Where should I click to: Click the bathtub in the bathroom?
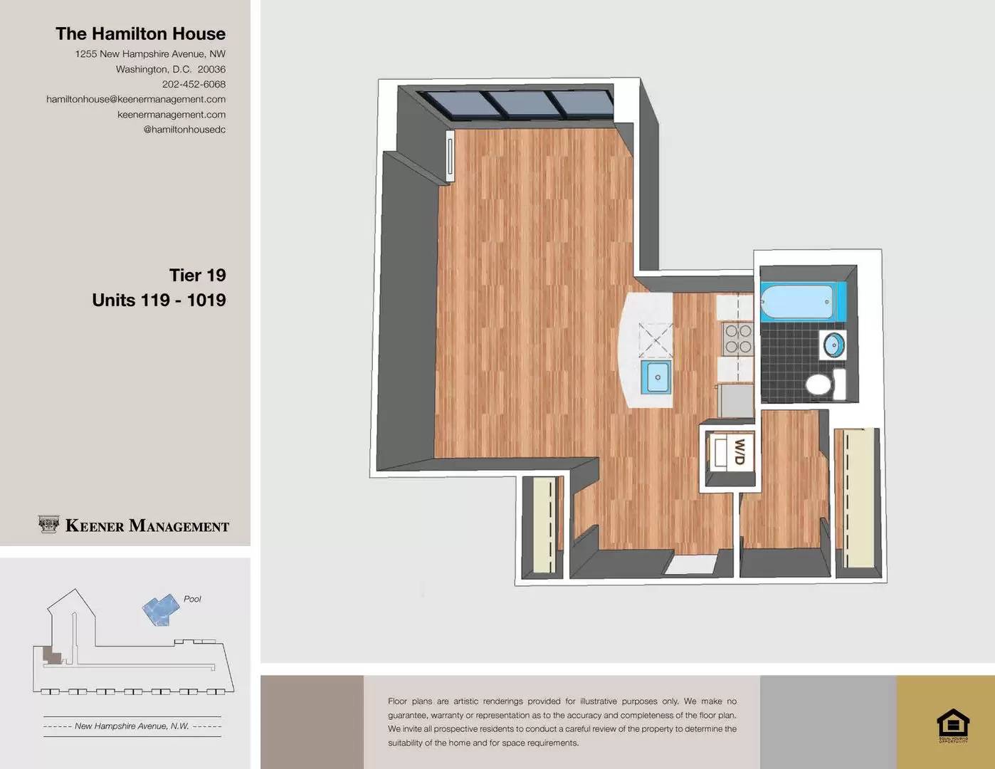click(798, 301)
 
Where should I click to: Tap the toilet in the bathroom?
click(821, 384)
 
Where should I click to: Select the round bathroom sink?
click(834, 345)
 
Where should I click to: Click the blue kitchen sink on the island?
click(656, 377)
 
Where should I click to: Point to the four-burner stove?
click(737, 339)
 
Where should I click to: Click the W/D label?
click(739, 451)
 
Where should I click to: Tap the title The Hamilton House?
click(140, 33)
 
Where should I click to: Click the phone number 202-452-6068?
click(194, 84)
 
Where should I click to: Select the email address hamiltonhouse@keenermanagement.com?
click(136, 99)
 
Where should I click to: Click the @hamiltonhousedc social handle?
click(184, 130)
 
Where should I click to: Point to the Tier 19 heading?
click(197, 275)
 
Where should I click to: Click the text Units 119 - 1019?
click(159, 300)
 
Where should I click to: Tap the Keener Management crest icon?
click(48, 525)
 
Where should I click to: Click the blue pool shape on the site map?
click(160, 610)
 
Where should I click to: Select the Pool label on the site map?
click(192, 599)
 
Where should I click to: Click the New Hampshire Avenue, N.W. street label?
click(132, 726)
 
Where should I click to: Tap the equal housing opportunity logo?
click(952, 725)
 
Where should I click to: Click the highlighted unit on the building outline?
click(51, 655)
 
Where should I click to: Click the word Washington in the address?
click(142, 69)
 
